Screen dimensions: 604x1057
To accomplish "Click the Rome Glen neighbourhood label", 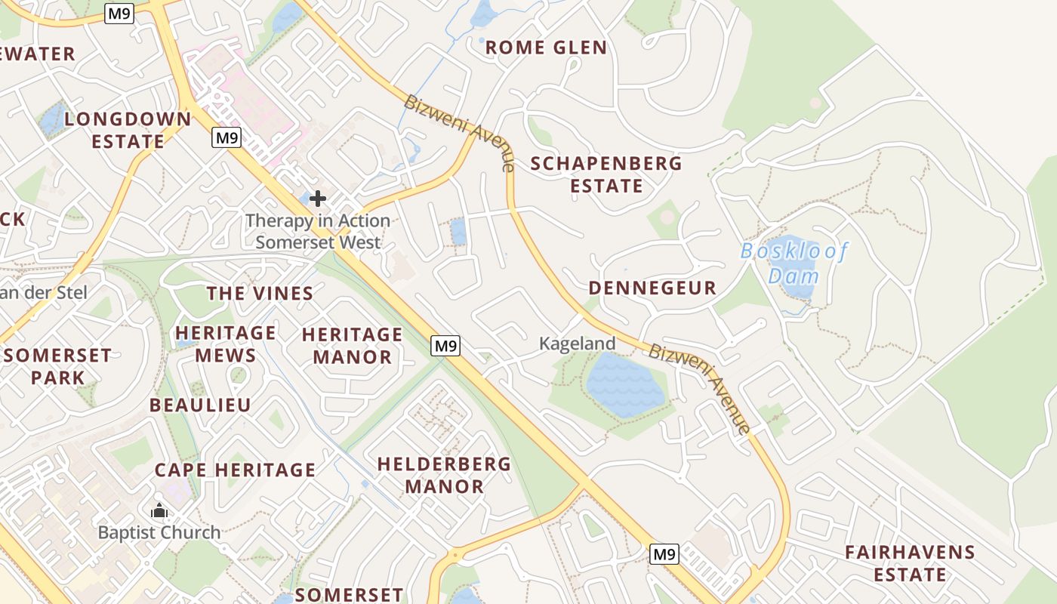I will [x=546, y=48].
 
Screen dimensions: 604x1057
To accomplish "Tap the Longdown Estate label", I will [x=128, y=130].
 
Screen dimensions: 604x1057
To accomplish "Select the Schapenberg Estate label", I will [x=606, y=174].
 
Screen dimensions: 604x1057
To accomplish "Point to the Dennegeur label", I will [x=652, y=288].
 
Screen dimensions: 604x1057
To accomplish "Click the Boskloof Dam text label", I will [x=794, y=262].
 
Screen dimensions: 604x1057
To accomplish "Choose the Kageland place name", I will [x=577, y=344].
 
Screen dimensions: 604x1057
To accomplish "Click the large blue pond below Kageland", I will [x=624, y=385].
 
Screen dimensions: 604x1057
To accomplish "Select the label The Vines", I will [x=260, y=294].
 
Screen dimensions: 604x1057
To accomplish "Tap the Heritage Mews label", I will [x=226, y=344].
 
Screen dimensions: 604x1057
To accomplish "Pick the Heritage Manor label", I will [x=353, y=345].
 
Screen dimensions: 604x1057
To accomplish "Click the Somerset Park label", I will [x=57, y=366].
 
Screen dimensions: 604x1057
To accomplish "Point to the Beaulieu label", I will [x=200, y=405].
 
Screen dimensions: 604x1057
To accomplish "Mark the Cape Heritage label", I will [x=236, y=470].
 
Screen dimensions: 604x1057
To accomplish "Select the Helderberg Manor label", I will [x=444, y=475].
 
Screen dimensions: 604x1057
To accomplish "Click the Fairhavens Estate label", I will [x=910, y=563].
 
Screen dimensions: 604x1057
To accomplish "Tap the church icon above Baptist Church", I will [x=159, y=511].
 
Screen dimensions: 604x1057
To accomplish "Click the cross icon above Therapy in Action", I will [x=318, y=199].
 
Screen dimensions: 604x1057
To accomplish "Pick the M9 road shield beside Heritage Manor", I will [x=445, y=346].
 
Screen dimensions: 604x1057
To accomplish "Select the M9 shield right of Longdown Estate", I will [x=226, y=137].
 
